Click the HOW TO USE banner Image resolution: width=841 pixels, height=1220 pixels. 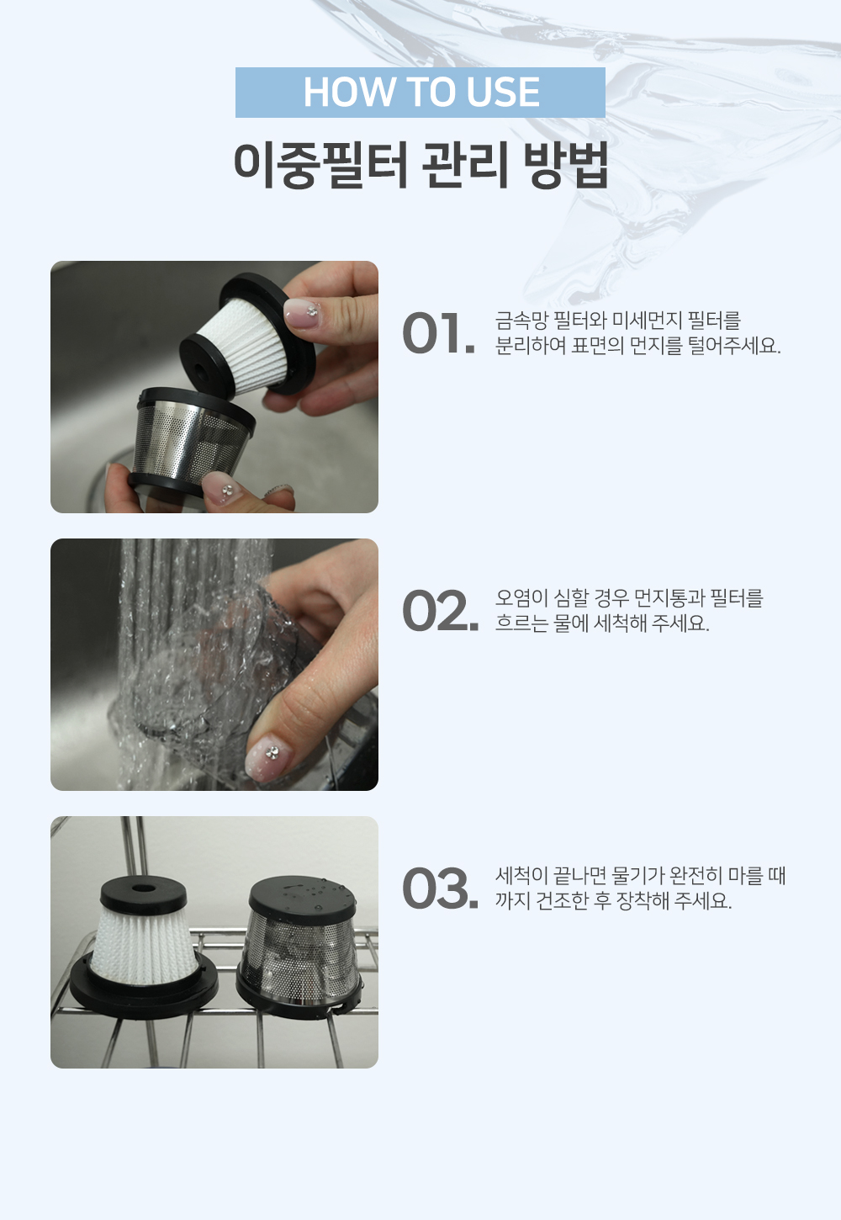point(420,93)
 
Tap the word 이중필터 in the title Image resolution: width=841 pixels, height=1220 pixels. point(320,165)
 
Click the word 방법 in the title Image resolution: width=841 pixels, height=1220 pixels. point(566,165)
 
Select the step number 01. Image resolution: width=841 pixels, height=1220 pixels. point(439,333)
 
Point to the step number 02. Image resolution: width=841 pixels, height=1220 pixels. point(441,611)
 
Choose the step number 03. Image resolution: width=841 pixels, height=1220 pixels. point(441,888)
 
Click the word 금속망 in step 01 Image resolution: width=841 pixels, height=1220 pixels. point(521,321)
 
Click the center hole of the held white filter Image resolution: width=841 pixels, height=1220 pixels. point(200,373)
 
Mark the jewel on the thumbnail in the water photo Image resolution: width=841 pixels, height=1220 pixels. point(272,753)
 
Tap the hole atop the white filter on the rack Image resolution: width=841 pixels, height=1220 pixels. point(143,888)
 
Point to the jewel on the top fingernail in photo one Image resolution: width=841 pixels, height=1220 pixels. point(313,311)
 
